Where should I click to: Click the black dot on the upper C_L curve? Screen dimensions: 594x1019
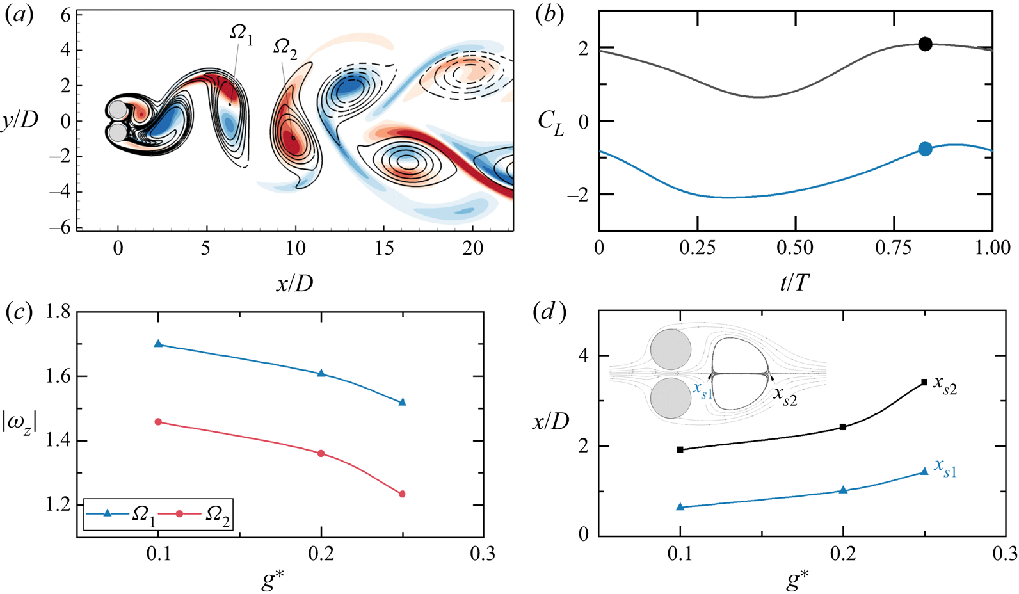[x=924, y=44]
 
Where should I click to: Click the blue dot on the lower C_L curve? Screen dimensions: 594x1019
[x=924, y=149]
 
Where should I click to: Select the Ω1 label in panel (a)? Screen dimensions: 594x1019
[x=241, y=35]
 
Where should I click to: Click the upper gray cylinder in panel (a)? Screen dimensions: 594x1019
[x=118, y=109]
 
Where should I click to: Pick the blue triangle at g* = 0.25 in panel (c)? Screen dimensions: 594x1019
[x=402, y=402]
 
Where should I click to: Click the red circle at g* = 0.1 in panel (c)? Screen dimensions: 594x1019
[x=159, y=422]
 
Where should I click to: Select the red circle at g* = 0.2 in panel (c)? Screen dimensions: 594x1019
[x=321, y=454]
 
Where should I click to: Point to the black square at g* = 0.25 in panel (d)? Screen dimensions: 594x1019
[x=924, y=382]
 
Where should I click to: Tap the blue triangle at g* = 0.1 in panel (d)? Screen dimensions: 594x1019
[x=680, y=507]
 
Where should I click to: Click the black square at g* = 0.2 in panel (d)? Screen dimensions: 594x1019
[x=843, y=427]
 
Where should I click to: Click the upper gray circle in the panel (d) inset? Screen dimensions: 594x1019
[x=671, y=351]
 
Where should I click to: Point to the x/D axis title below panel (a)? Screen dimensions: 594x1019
[x=294, y=282]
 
